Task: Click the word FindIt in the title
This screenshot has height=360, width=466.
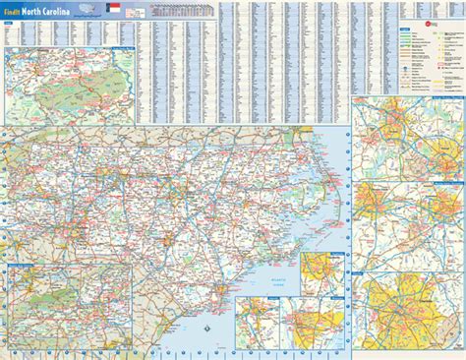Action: pos(16,10)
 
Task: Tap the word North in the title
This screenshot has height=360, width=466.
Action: pos(44,10)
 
